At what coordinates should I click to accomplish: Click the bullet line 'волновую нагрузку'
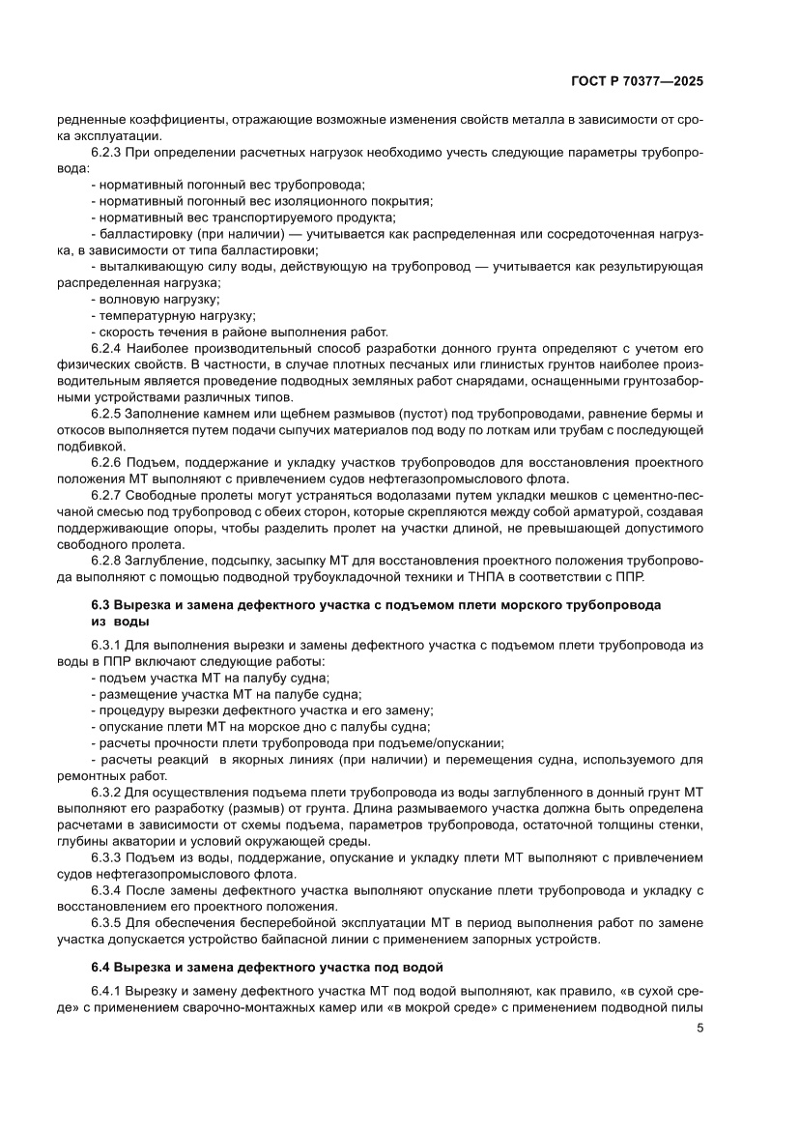[155, 299]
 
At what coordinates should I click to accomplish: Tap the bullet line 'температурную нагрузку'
[172, 315]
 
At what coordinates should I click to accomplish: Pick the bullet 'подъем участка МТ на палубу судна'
[209, 678]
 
